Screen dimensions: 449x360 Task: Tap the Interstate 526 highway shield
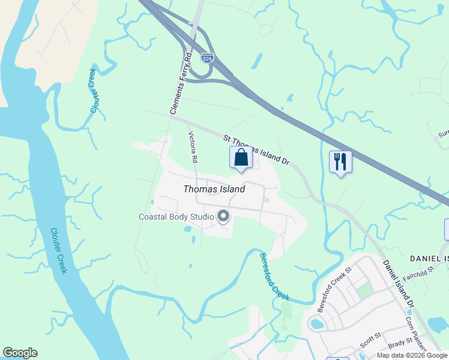pos(207,58)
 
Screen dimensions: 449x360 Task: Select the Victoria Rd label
pos(193,148)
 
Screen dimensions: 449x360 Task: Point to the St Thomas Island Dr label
pos(257,150)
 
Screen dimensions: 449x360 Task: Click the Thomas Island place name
pos(214,189)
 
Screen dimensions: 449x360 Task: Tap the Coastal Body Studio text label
pos(176,217)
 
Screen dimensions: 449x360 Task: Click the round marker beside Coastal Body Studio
pos(224,216)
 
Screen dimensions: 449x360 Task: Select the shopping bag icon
pos(241,158)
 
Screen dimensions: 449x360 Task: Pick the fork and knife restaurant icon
pos(340,161)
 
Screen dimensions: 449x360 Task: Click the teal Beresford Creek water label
pos(274,277)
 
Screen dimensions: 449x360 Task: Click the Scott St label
pos(370,338)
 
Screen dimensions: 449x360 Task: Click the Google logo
pos(20,353)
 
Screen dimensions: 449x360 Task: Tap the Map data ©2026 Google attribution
pos(412,355)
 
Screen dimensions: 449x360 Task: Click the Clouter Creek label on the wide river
pos(58,250)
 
